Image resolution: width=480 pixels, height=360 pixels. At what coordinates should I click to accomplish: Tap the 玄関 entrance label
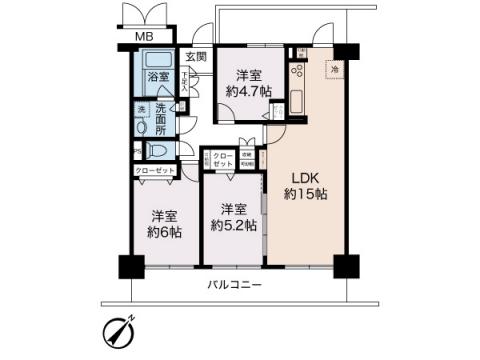[195, 57]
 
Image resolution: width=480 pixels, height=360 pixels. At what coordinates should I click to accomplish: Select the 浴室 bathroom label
[158, 76]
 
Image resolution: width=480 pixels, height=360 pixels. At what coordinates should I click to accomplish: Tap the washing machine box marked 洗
[142, 109]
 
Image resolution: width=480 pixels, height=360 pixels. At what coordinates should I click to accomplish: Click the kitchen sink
[297, 102]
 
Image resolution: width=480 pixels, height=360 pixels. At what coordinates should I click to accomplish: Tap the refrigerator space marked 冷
[333, 69]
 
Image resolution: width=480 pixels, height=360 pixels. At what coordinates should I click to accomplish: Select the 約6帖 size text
[166, 232]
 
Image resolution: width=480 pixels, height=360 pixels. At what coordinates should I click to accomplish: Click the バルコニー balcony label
[235, 286]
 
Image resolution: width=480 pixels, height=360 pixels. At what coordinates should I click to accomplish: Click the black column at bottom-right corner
[345, 266]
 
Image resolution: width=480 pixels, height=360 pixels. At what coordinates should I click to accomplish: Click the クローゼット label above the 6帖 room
[156, 171]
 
